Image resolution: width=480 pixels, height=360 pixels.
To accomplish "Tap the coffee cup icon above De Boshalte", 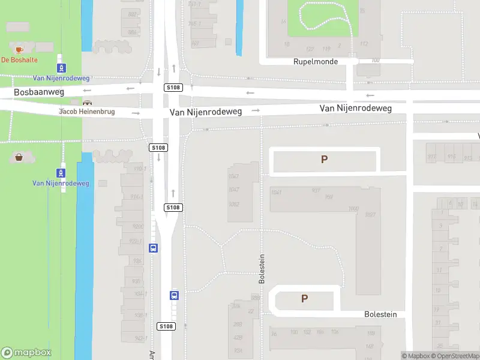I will [19, 49].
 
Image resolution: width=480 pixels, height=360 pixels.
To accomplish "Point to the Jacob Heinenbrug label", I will [86, 112].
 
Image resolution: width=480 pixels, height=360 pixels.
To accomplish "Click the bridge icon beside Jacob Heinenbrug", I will [89, 103].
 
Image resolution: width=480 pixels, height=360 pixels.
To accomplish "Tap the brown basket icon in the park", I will [19, 157].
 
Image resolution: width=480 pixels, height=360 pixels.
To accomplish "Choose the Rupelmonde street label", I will [316, 62].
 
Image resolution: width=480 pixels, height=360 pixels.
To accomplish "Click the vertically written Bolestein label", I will [261, 268].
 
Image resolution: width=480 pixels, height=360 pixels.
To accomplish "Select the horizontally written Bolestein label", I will [381, 314].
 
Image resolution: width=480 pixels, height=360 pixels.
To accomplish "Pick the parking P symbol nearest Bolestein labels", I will [304, 299].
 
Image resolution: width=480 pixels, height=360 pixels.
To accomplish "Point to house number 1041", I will [277, 192].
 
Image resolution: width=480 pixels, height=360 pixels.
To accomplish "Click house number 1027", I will [370, 215].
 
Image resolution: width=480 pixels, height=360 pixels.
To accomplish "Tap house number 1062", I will [353, 208].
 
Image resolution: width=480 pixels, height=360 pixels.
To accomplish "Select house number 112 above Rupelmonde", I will [364, 44].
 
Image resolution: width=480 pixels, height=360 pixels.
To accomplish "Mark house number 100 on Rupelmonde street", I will [376, 60].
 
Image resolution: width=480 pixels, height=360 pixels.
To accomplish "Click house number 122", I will [310, 49].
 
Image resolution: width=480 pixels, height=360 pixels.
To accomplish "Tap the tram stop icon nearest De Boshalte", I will [61, 68].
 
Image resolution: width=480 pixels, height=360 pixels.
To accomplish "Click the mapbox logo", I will [26, 353].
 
